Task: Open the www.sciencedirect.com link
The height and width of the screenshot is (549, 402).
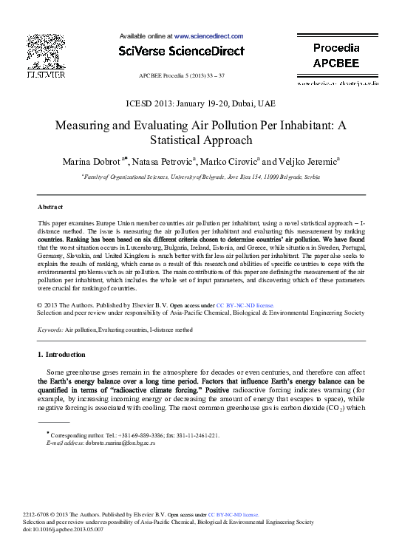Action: click(208, 35)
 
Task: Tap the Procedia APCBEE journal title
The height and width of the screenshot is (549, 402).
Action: click(336, 55)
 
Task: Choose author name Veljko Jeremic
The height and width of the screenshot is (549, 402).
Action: click(307, 161)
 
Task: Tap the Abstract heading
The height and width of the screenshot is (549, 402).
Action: click(50, 207)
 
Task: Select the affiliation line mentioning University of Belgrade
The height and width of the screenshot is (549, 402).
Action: click(201, 177)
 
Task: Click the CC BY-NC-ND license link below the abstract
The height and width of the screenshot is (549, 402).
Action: click(244, 304)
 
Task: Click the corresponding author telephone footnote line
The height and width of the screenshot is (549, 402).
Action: click(133, 435)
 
